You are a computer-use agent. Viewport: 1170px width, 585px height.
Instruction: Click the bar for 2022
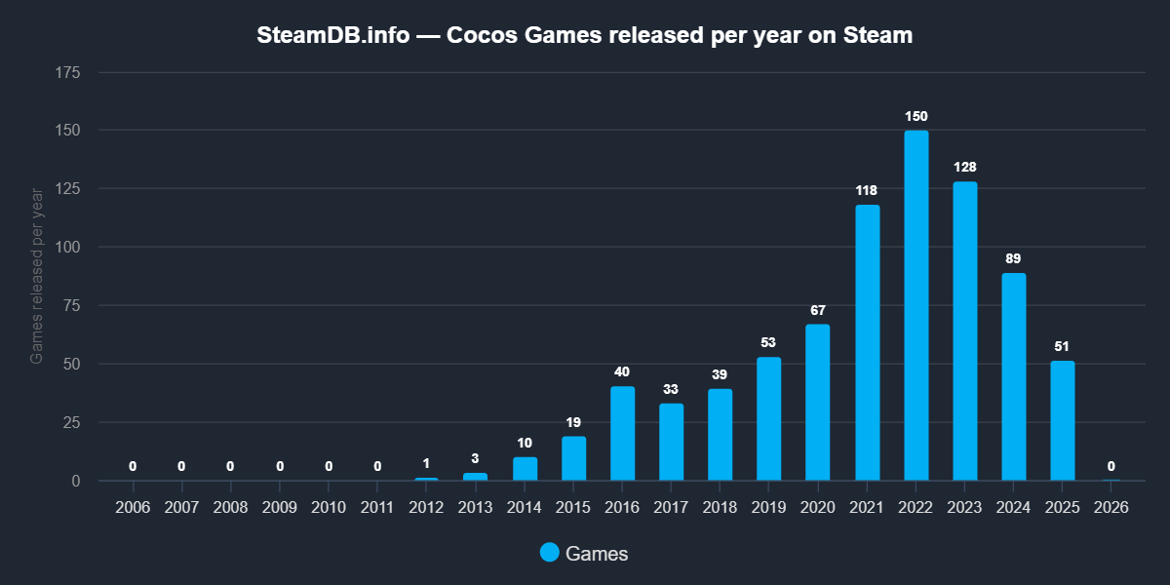pyautogui.click(x=916, y=305)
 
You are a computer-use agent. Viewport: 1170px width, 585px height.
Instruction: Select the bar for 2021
pyautogui.click(x=868, y=342)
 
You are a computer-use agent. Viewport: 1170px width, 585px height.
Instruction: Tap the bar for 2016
pyautogui.click(x=623, y=434)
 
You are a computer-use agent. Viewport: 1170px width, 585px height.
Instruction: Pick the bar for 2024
pyautogui.click(x=1014, y=376)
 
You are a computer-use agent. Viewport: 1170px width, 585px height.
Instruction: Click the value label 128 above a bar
pyautogui.click(x=965, y=167)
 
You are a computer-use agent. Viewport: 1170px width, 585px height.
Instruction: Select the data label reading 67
pyautogui.click(x=818, y=310)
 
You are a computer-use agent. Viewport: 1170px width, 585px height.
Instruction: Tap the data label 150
pyautogui.click(x=916, y=116)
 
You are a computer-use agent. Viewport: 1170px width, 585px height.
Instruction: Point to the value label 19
pyautogui.click(x=574, y=422)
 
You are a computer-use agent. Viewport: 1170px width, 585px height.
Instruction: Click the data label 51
pyautogui.click(x=1063, y=346)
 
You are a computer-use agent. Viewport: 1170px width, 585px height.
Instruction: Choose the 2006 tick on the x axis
pyautogui.click(x=133, y=508)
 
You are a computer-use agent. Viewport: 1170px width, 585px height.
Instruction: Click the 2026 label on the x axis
pyautogui.click(x=1111, y=508)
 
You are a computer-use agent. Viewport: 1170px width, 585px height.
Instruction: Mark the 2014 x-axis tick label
pyautogui.click(x=525, y=508)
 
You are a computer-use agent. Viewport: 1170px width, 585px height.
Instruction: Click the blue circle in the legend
pyautogui.click(x=550, y=553)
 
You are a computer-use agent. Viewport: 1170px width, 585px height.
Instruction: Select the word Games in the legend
pyautogui.click(x=597, y=554)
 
